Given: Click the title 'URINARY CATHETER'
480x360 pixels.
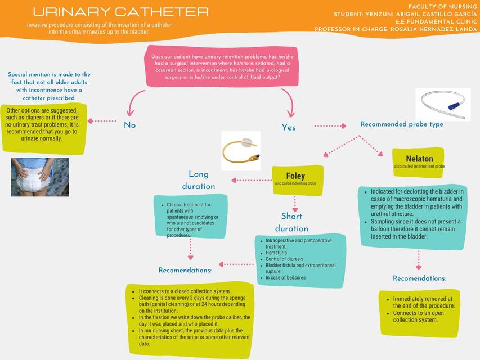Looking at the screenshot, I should click(x=120, y=12).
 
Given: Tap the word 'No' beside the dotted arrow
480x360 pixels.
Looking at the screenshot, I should click(x=129, y=125).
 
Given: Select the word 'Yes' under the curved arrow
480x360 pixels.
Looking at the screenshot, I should click(x=288, y=128).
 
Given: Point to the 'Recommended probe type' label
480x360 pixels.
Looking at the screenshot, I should click(x=401, y=124).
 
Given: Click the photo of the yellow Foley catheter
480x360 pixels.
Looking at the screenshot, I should click(x=241, y=150).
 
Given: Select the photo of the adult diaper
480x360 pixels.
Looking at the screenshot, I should click(x=40, y=177).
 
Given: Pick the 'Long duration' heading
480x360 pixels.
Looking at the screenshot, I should click(x=198, y=180).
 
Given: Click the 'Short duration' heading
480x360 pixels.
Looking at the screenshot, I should click(x=291, y=222).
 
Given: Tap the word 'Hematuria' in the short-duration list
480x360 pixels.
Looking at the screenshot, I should click(x=276, y=253).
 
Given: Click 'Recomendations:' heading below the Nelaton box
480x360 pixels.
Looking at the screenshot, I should click(x=419, y=278).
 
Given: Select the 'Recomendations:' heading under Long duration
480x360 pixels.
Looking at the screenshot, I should click(x=185, y=271).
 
